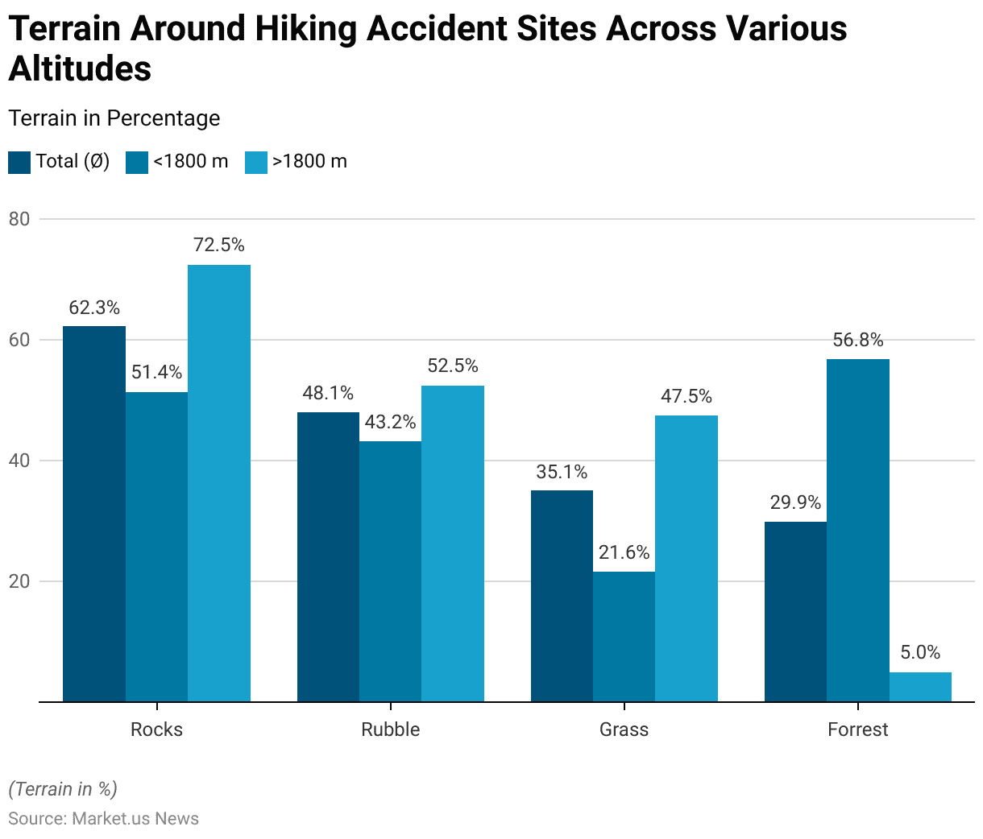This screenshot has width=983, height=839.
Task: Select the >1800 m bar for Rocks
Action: point(219,483)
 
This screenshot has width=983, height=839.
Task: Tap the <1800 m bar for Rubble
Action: point(390,572)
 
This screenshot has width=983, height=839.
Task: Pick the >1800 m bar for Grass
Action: point(686,559)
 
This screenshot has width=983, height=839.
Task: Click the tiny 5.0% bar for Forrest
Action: point(920,687)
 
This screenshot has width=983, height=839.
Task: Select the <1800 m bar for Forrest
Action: point(858,531)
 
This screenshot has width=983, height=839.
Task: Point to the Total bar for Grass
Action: point(562,596)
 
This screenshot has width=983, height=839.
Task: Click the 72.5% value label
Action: point(219,245)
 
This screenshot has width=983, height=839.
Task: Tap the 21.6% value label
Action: point(624,552)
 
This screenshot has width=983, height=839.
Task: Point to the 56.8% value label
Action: point(858,340)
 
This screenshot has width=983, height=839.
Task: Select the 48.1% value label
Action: point(328,393)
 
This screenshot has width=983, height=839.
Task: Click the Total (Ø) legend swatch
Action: point(19,162)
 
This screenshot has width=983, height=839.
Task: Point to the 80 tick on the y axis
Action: point(19,219)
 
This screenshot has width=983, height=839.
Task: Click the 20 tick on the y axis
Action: point(19,581)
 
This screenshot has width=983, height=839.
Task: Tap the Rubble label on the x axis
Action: point(390,729)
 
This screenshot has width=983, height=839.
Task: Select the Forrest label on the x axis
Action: point(857,729)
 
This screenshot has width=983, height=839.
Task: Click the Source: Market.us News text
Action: point(103,819)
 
